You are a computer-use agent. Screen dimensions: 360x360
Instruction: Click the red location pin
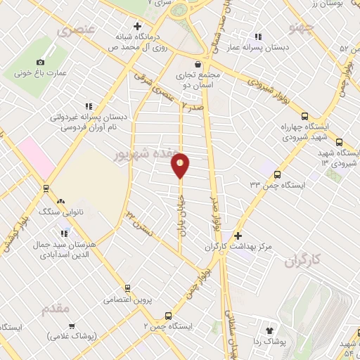click(180, 166)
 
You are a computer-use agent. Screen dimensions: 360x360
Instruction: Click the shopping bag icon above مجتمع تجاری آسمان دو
click(199, 64)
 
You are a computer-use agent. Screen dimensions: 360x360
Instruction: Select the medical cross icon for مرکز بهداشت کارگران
click(238, 236)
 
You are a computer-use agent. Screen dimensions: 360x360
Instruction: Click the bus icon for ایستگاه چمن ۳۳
click(278, 174)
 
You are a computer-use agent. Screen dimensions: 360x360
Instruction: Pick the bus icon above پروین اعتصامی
click(128, 288)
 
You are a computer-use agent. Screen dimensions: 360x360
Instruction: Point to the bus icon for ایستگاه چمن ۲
click(167, 316)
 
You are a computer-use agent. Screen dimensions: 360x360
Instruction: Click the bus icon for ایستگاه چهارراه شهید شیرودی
click(304, 116)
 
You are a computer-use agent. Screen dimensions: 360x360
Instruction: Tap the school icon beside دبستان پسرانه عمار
click(258, 37)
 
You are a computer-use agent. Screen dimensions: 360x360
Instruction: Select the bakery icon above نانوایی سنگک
click(60, 200)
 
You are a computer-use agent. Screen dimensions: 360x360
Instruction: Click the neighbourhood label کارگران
click(302, 261)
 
